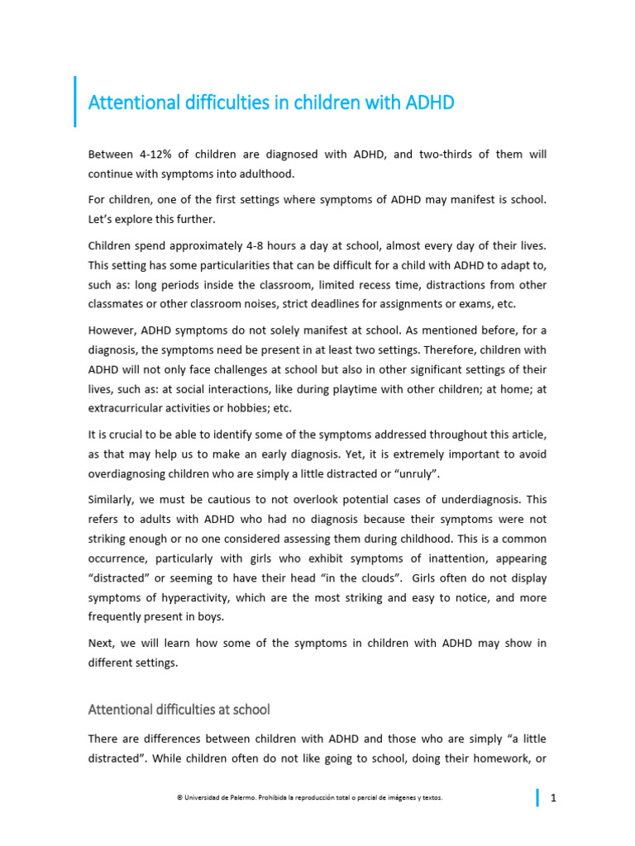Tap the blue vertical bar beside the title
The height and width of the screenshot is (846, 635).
75,102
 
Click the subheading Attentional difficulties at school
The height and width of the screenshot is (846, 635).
179,709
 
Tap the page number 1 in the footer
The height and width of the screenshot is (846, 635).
552,797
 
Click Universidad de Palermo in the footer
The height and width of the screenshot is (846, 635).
212,797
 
